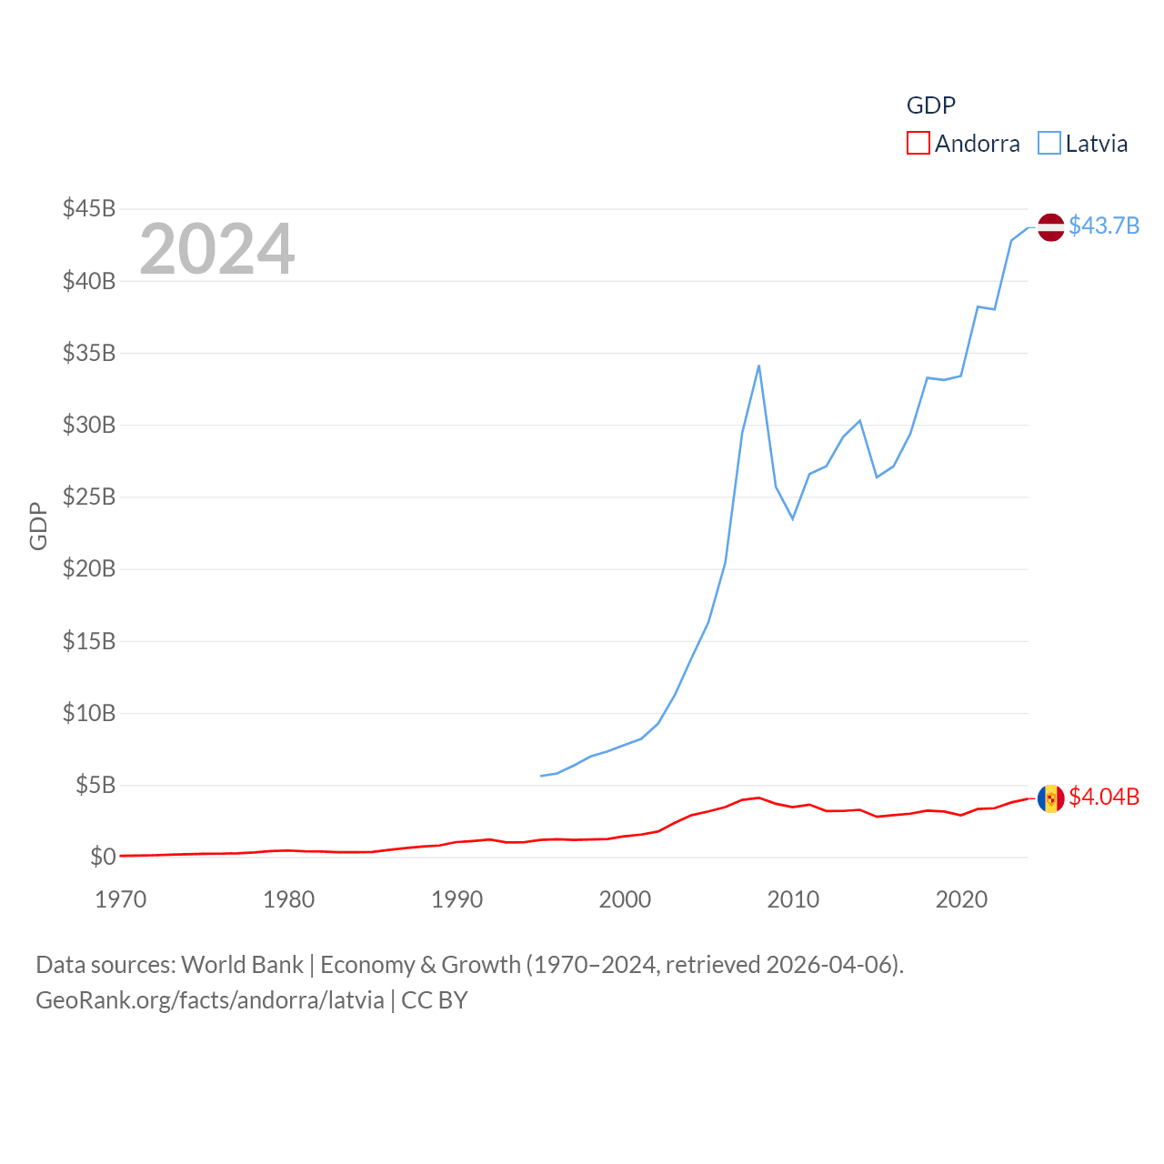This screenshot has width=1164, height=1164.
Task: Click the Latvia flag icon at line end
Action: pyautogui.click(x=1050, y=226)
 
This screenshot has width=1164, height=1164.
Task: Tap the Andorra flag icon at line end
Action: pyautogui.click(x=1050, y=798)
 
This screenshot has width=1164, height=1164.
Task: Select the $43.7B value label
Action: pyautogui.click(x=1104, y=226)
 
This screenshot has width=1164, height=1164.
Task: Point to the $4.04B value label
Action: pyautogui.click(x=1104, y=797)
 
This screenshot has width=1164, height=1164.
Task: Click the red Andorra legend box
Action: pyautogui.click(x=918, y=144)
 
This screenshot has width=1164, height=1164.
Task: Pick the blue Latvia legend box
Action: pyautogui.click(x=1049, y=144)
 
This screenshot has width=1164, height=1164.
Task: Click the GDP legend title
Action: pyautogui.click(x=931, y=105)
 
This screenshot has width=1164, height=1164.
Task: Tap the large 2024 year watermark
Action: pyautogui.click(x=216, y=248)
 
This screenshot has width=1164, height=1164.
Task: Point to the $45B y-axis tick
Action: pyautogui.click(x=89, y=208)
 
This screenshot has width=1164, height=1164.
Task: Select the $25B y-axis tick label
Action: pyautogui.click(x=89, y=497)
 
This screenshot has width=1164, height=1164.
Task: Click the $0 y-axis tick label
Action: pyautogui.click(x=103, y=857)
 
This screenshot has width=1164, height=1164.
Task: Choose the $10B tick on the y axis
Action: pyautogui.click(x=89, y=713)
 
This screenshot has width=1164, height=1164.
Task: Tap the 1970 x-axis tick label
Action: pyautogui.click(x=121, y=899)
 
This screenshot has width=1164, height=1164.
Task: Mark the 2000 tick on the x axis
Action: pyautogui.click(x=625, y=899)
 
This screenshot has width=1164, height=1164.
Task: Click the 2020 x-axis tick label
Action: pyautogui.click(x=961, y=899)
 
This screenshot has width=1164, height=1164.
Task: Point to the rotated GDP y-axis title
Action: pyautogui.click(x=38, y=526)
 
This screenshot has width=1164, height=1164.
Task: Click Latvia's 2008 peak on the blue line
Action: pyautogui.click(x=758, y=366)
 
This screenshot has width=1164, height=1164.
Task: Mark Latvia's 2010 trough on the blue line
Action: pyautogui.click(x=793, y=518)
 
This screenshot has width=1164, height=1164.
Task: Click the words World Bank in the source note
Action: pyautogui.click(x=242, y=965)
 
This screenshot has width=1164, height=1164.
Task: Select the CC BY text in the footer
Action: pyautogui.click(x=435, y=1000)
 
